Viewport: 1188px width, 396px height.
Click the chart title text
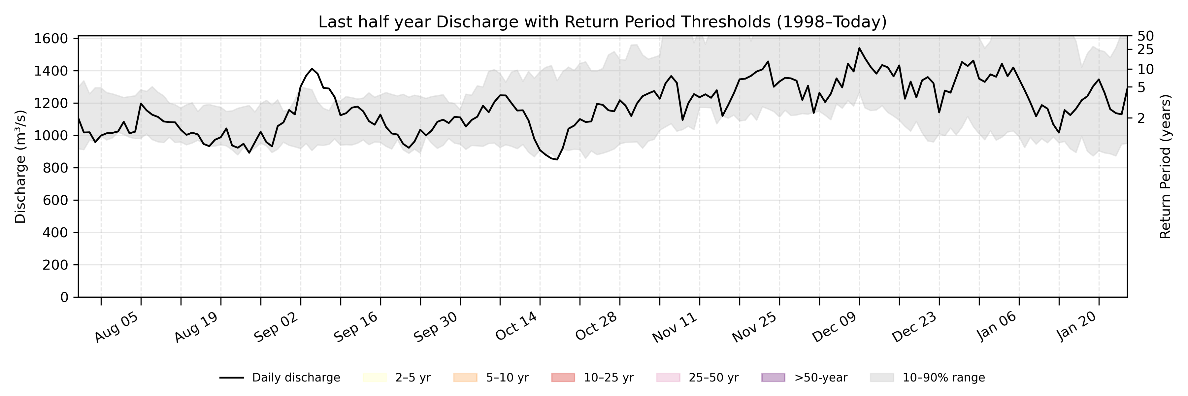[602, 22]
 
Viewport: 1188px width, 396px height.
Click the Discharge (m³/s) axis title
[20, 167]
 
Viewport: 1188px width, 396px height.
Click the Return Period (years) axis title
[1166, 167]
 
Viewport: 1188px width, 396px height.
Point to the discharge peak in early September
[312, 69]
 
